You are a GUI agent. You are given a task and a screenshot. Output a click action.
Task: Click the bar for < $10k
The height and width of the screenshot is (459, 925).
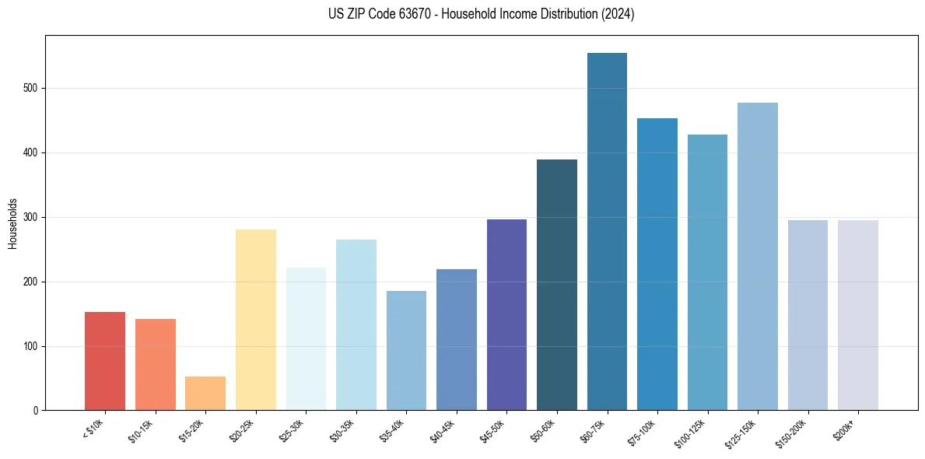click(105, 361)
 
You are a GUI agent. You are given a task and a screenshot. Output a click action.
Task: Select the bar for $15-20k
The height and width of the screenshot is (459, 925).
click(205, 393)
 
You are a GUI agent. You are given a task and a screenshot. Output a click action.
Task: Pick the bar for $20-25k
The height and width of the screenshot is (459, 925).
click(256, 320)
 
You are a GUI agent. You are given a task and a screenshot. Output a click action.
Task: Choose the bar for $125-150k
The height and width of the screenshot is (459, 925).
click(758, 256)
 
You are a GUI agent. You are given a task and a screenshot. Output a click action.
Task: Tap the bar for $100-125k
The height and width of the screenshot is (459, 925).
click(707, 272)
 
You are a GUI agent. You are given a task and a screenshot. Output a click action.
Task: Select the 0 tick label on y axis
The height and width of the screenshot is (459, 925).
click(36, 411)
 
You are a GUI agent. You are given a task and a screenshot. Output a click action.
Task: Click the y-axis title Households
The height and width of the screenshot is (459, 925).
click(12, 222)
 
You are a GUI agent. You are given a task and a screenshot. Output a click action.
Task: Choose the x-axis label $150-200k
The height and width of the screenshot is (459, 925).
click(792, 432)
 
